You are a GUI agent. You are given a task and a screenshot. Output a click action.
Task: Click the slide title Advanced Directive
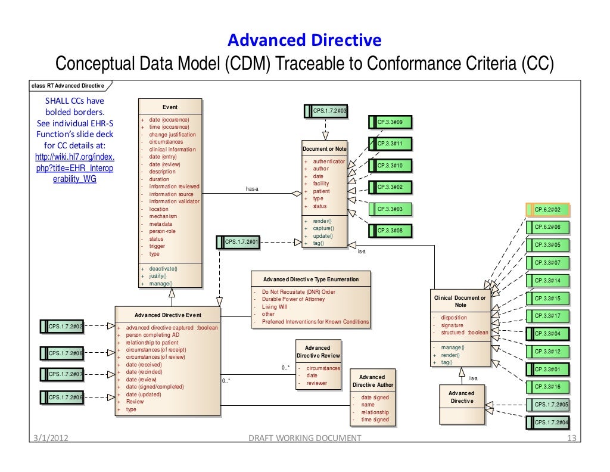pos(304,40)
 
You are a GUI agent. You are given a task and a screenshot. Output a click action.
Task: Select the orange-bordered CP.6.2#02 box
pos(547,210)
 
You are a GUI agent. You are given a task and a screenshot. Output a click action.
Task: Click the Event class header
pos(170,108)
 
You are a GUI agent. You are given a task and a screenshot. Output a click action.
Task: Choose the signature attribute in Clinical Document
pos(452,325)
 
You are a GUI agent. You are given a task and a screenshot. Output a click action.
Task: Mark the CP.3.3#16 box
pos(547,387)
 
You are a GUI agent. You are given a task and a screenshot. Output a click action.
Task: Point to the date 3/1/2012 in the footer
pos(50,439)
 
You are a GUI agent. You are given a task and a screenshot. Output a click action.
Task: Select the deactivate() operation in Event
pos(163,269)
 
